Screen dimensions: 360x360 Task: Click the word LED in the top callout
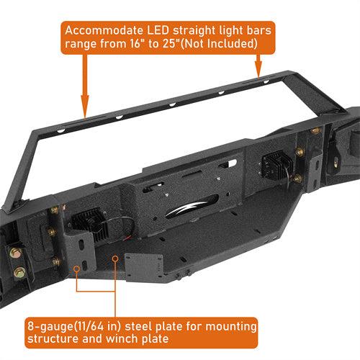[158, 30]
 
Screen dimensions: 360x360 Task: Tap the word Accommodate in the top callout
[104, 30]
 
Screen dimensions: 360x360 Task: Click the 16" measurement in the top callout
[135, 43]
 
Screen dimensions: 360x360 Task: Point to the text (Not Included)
[219, 44]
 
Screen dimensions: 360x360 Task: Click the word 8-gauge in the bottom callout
[50, 326]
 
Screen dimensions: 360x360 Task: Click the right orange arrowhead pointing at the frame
[258, 70]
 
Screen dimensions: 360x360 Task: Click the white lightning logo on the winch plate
[186, 208]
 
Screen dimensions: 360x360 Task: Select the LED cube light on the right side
[276, 165]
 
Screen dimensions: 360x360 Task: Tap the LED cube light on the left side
[89, 225]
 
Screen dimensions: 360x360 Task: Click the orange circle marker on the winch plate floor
[115, 258]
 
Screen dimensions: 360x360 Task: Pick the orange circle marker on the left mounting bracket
[77, 269]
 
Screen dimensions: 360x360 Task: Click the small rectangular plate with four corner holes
[144, 267]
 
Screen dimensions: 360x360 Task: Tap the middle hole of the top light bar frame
[172, 104]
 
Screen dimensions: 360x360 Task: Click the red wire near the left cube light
[127, 238]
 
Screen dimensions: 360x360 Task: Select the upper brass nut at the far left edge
[15, 253]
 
